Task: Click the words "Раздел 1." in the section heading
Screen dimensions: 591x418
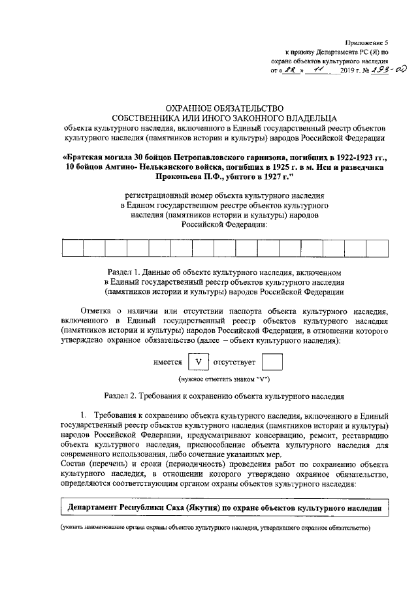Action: coord(124,271)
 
